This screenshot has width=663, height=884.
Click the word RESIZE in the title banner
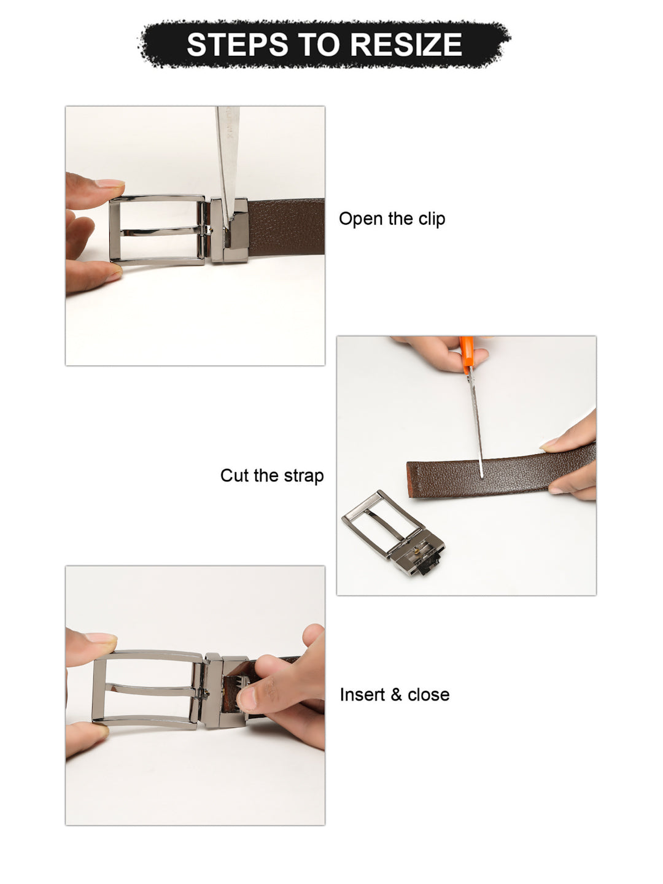pyautogui.click(x=406, y=44)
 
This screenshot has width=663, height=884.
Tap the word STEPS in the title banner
pyautogui.click(x=238, y=44)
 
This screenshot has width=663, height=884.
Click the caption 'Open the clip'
pyautogui.click(x=392, y=219)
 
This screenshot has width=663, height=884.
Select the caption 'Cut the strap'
pyautogui.click(x=272, y=475)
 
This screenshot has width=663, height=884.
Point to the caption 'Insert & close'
pyautogui.click(x=395, y=694)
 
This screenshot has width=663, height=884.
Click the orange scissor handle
pyautogui.click(x=467, y=354)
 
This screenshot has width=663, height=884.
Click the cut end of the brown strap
pyautogui.click(x=411, y=479)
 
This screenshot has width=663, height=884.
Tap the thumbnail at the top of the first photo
pyautogui.click(x=109, y=183)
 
